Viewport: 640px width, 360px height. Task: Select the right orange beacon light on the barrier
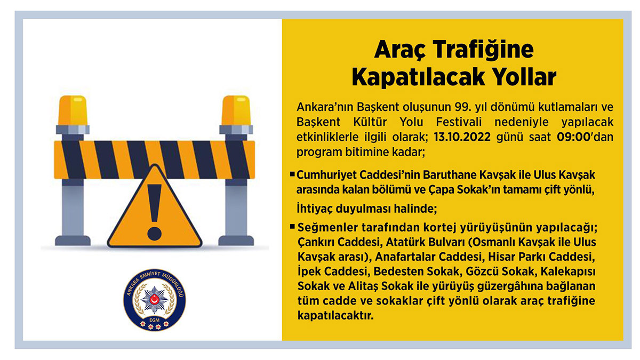click(235, 111)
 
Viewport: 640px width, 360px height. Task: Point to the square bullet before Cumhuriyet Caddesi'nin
click(292, 174)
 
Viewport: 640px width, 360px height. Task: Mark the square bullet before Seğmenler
click(292, 227)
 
